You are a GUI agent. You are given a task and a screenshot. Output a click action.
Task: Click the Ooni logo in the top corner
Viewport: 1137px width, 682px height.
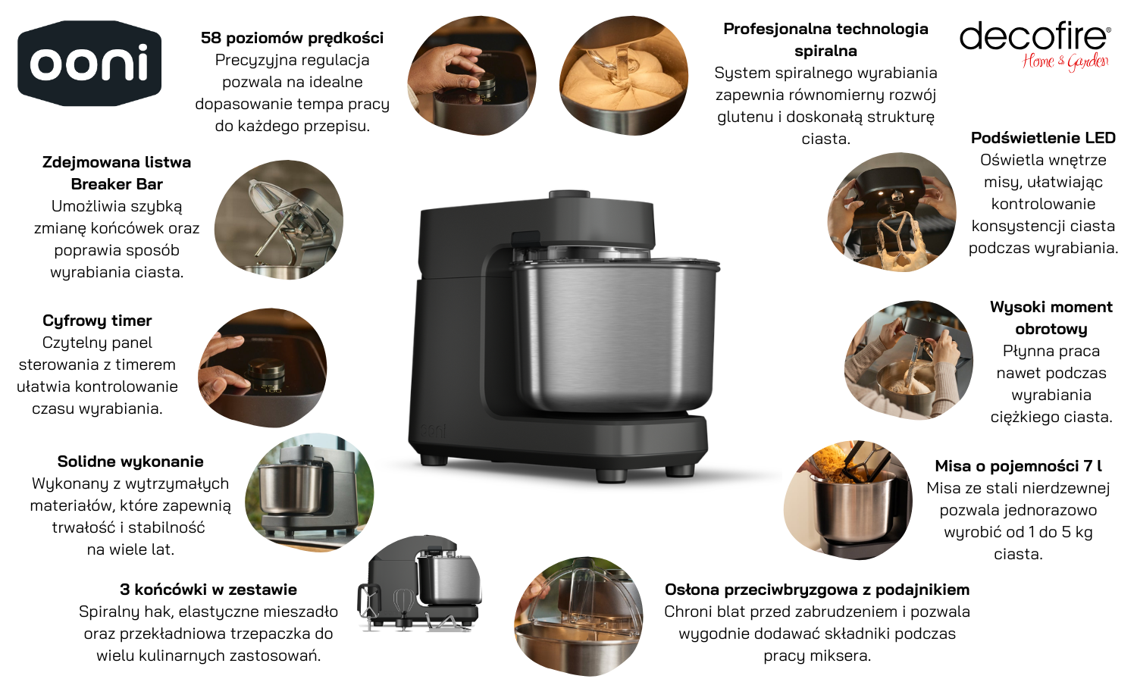click(x=89, y=64)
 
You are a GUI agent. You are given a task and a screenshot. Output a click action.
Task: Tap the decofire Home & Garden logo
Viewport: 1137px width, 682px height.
click(x=1035, y=45)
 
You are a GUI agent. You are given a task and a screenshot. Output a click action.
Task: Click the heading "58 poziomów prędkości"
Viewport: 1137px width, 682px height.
click(x=292, y=38)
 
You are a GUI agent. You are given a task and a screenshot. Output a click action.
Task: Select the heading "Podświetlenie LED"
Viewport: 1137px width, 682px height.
click(x=1043, y=137)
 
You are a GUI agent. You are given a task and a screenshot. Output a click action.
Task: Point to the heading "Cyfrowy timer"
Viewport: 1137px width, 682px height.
click(x=97, y=321)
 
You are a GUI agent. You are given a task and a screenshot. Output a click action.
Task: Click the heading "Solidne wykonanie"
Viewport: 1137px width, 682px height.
click(x=130, y=461)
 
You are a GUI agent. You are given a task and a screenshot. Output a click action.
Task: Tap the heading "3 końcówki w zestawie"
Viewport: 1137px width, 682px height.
click(x=208, y=589)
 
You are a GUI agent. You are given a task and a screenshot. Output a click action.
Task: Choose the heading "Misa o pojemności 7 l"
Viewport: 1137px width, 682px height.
click(x=1018, y=466)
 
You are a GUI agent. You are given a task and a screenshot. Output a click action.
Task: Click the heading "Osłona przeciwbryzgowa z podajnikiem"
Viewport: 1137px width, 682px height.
click(x=817, y=590)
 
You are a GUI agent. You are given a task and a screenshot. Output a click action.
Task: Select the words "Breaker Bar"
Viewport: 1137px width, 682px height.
click(x=117, y=184)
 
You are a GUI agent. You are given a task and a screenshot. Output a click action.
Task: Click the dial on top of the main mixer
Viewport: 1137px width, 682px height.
click(x=569, y=195)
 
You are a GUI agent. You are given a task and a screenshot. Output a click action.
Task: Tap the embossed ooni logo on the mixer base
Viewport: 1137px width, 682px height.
click(x=433, y=430)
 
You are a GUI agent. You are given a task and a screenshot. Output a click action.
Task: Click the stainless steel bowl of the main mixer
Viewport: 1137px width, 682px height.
click(x=615, y=335)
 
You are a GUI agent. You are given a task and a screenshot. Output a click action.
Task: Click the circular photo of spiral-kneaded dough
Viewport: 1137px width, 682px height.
click(x=624, y=76)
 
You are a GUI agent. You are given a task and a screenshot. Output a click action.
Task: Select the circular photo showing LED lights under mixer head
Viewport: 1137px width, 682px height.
click(x=892, y=213)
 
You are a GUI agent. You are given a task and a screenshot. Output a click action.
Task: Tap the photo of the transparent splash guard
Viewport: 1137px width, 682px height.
click(x=578, y=617)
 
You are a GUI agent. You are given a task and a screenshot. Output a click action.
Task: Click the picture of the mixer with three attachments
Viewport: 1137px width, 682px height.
click(x=419, y=583)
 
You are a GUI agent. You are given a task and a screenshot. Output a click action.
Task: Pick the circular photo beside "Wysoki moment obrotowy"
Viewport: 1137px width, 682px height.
click(x=909, y=360)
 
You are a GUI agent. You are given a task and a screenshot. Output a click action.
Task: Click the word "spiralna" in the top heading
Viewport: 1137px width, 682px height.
click(x=825, y=51)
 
